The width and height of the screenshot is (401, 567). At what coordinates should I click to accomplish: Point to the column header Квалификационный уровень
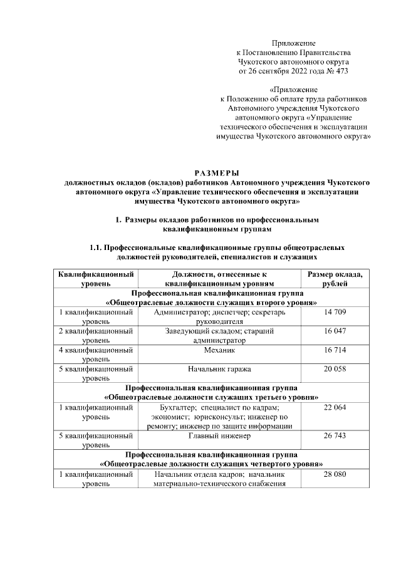[96, 279]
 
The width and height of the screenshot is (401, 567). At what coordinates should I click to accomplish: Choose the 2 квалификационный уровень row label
[96, 335]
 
